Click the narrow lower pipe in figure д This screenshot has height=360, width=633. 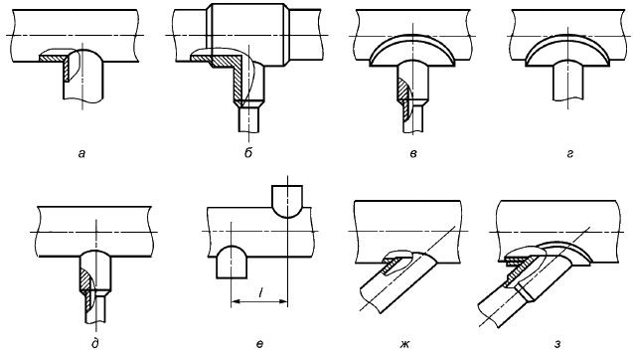click(91, 308)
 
